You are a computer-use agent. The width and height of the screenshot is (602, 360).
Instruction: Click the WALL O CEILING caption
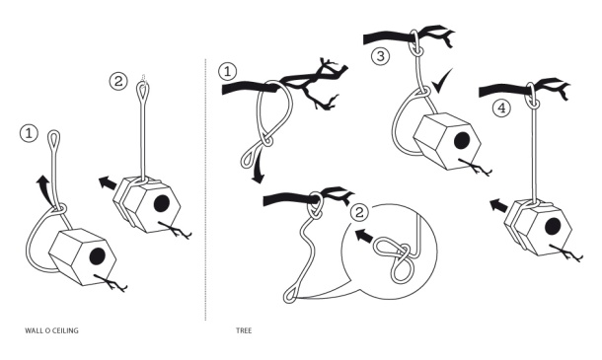click(51, 330)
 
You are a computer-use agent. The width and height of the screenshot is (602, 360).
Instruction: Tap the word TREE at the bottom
click(244, 330)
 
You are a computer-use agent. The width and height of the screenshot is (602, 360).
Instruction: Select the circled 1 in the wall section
click(29, 133)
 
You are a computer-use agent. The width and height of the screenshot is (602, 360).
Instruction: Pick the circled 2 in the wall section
click(118, 81)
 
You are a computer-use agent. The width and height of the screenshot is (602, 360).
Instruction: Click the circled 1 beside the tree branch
click(227, 71)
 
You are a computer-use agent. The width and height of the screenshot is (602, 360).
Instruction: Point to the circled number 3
click(380, 56)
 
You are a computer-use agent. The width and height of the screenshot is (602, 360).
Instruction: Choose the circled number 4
click(501, 108)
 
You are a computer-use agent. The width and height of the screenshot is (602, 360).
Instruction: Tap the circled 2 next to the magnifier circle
click(359, 212)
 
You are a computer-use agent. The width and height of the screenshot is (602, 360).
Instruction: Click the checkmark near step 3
click(441, 81)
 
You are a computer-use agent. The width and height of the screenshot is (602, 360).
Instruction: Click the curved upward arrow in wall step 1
click(44, 189)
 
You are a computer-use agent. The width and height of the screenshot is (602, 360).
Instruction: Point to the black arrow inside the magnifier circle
click(364, 236)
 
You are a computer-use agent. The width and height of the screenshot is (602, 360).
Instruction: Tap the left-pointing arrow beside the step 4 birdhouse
click(498, 204)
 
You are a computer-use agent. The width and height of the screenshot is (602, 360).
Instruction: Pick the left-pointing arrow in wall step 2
click(109, 182)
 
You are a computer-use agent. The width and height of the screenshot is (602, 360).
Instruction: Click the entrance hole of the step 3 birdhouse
click(461, 141)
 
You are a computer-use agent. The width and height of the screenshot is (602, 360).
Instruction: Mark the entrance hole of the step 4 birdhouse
click(553, 226)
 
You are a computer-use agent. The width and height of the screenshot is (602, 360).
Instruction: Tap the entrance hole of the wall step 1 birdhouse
click(97, 256)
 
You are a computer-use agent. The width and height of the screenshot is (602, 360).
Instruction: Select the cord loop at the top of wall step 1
click(54, 138)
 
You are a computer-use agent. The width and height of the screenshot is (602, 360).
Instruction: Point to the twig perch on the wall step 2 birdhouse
click(175, 230)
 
